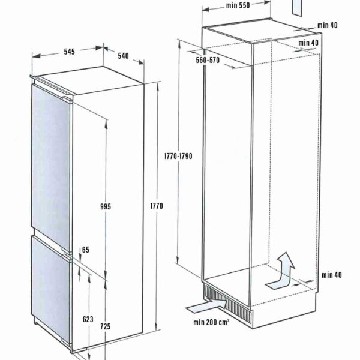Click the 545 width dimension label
[70, 52]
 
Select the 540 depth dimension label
[123, 56]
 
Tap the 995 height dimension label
[106, 206]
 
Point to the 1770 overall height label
[157, 206]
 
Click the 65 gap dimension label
[86, 250]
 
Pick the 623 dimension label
[88, 319]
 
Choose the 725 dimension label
[105, 326]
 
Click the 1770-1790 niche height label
[178, 156]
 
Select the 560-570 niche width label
[208, 60]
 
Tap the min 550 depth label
[238, 5]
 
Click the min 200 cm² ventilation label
[211, 322]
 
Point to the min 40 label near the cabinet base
[332, 275]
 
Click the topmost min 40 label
[328, 25]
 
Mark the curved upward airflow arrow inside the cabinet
[282, 272]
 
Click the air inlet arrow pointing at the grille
[207, 306]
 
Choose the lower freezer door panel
[50, 290]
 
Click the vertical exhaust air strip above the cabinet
[296, 8]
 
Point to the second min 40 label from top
[308, 43]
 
